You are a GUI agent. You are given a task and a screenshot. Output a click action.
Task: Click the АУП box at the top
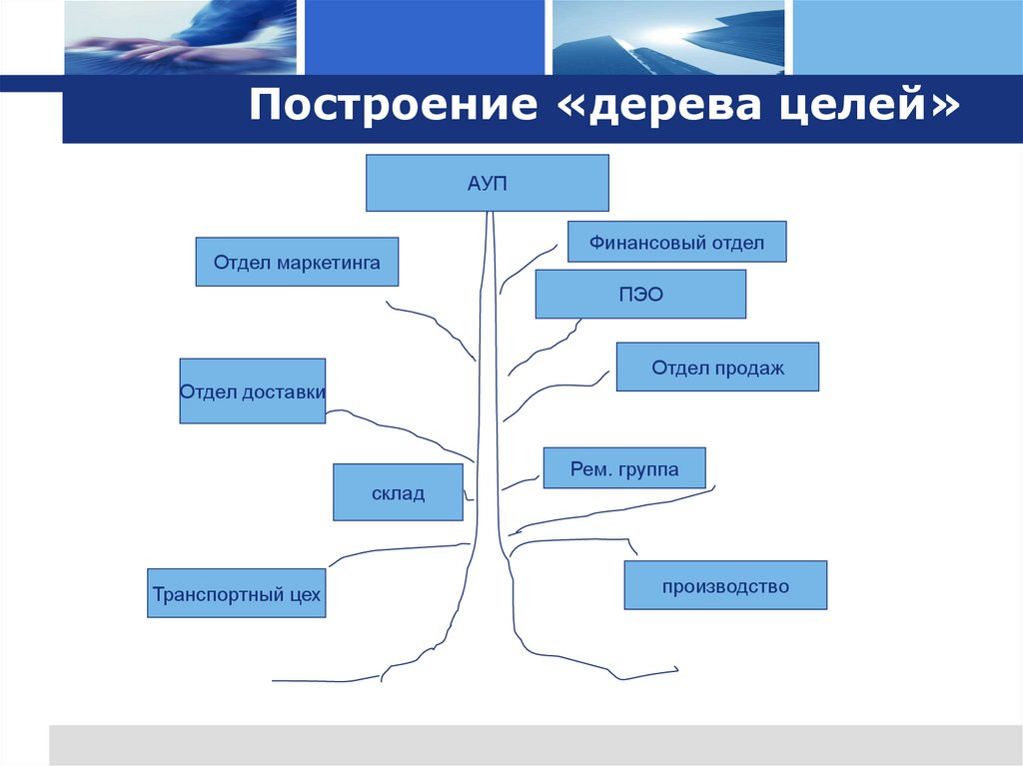[487, 183]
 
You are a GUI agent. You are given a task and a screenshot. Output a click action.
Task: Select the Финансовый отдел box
[676, 242]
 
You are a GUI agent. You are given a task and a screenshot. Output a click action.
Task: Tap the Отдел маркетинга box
[297, 262]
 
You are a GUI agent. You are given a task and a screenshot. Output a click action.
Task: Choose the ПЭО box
[640, 295]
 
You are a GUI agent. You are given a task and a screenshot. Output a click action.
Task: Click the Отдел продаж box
[717, 367]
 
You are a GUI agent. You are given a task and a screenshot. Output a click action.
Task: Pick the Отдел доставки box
[252, 390]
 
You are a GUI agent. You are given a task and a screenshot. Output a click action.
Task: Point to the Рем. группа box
[624, 467]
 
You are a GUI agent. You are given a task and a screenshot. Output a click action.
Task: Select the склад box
[398, 492]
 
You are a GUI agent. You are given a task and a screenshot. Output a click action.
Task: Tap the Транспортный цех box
[237, 593]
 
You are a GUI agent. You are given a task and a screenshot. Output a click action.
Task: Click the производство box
[725, 585]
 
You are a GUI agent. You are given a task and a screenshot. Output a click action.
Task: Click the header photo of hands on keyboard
[180, 37]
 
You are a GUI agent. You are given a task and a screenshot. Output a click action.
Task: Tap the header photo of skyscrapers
[668, 37]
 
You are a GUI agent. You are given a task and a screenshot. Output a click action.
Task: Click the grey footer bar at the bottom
[535, 745]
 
